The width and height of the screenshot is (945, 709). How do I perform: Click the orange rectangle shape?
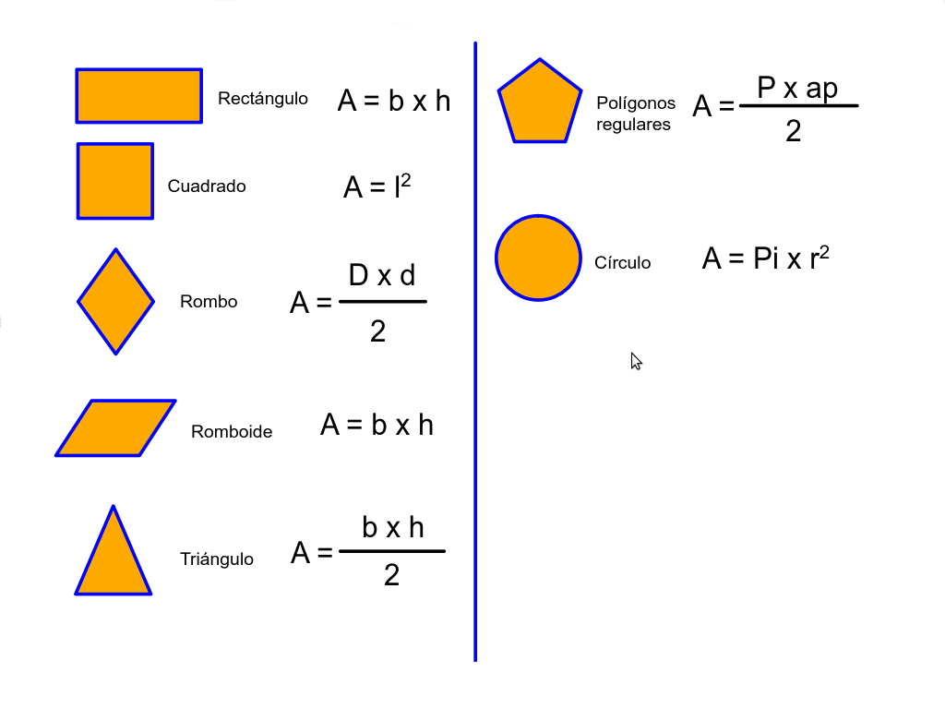tap(138, 95)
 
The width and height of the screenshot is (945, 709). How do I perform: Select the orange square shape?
tap(115, 181)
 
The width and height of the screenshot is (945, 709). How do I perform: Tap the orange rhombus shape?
tap(115, 301)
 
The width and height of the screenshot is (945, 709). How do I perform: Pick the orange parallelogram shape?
tap(115, 427)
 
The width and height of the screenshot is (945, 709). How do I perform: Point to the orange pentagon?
tap(540, 104)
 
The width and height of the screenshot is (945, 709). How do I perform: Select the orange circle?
tap(538, 258)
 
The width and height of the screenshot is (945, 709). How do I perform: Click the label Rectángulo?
tap(263, 98)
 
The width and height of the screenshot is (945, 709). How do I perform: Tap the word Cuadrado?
tap(207, 186)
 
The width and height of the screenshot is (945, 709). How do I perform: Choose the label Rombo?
tap(209, 301)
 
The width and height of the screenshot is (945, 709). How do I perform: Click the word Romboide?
tap(232, 431)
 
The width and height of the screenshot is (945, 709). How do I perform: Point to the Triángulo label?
tap(217, 559)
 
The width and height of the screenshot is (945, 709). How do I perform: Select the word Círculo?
tap(623, 262)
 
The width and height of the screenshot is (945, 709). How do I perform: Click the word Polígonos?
tap(636, 102)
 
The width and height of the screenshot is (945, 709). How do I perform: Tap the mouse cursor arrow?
tap(635, 360)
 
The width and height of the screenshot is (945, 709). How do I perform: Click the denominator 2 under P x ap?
tap(794, 132)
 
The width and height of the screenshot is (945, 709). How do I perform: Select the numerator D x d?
tap(382, 275)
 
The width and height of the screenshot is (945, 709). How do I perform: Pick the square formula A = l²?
tap(377, 187)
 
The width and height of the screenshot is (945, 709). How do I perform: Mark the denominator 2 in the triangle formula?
tap(391, 575)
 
